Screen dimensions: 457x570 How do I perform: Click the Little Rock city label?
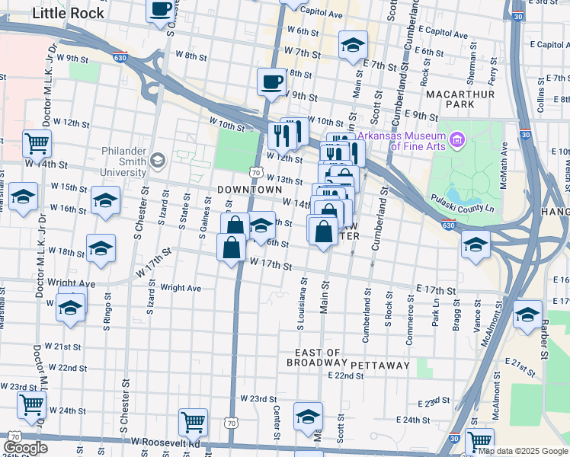[62, 13]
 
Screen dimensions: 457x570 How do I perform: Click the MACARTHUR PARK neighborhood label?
[460, 99]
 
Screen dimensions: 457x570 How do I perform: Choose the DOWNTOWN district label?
[249, 189]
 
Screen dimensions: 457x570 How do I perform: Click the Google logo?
[25, 448]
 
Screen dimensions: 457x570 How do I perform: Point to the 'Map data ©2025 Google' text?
[524, 451]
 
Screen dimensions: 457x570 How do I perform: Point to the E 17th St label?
[436, 291]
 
